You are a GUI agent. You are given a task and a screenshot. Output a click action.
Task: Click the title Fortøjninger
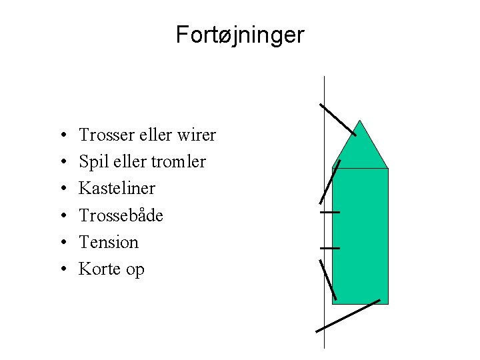coord(239,34)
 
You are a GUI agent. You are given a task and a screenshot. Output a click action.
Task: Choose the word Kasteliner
coord(117,189)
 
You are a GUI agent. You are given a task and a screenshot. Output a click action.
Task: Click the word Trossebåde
coord(121,215)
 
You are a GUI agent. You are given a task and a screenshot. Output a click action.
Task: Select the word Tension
coord(108,242)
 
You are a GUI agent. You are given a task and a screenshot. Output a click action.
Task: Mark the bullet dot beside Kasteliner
coord(61,189)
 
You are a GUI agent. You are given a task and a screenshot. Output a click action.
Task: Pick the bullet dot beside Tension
coord(61,243)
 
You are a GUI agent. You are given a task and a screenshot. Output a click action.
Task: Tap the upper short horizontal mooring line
coord(329,212)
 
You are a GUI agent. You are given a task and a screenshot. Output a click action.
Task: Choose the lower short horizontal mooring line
coord(329,248)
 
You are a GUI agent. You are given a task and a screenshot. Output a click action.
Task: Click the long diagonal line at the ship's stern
coord(348,315)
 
